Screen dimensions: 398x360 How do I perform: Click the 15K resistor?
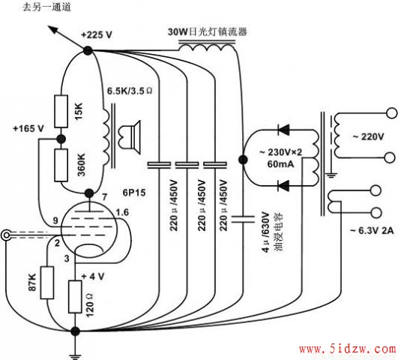pyautogui.click(x=61, y=112)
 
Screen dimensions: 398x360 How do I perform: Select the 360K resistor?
pyautogui.click(x=61, y=166)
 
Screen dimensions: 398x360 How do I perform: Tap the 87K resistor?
pyautogui.click(x=47, y=283)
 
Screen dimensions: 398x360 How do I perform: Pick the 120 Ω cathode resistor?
pyautogui.click(x=75, y=297)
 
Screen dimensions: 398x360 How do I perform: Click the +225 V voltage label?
pyautogui.click(x=97, y=34)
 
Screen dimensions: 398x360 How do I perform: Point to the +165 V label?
pyautogui.click(x=28, y=128)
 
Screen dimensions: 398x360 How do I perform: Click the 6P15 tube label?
pyautogui.click(x=134, y=193)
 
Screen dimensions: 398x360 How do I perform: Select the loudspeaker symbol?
pyautogui.click(x=130, y=137)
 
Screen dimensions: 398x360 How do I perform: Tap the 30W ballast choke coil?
pyautogui.click(x=207, y=46)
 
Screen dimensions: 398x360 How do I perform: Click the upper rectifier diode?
pyautogui.click(x=283, y=130)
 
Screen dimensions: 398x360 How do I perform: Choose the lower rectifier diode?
pyautogui.click(x=283, y=186)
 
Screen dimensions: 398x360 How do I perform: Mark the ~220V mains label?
pyautogui.click(x=368, y=137)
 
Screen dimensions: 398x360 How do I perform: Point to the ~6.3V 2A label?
pyautogui.click(x=372, y=231)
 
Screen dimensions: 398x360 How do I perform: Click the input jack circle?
pyautogui.click(x=6, y=235)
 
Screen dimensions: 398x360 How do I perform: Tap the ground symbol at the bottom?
pyautogui.click(x=75, y=355)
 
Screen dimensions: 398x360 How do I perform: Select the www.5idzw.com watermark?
pyautogui.click(x=348, y=349)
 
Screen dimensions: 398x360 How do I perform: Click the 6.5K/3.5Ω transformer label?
pyautogui.click(x=130, y=91)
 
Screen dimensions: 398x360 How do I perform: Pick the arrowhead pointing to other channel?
pyautogui.click(x=52, y=29)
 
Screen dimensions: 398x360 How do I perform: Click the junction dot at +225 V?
pyautogui.click(x=88, y=50)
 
